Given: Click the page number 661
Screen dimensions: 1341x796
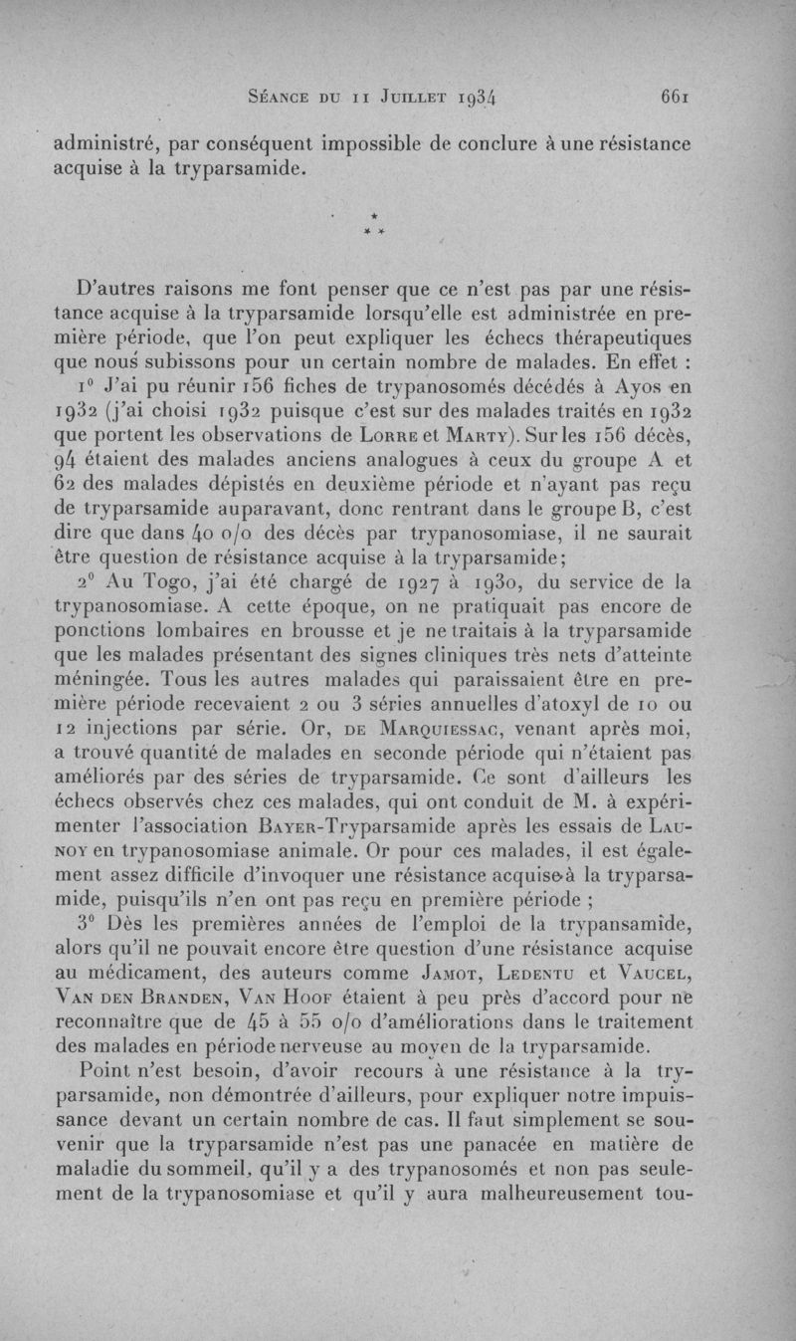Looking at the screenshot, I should [675, 98].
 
